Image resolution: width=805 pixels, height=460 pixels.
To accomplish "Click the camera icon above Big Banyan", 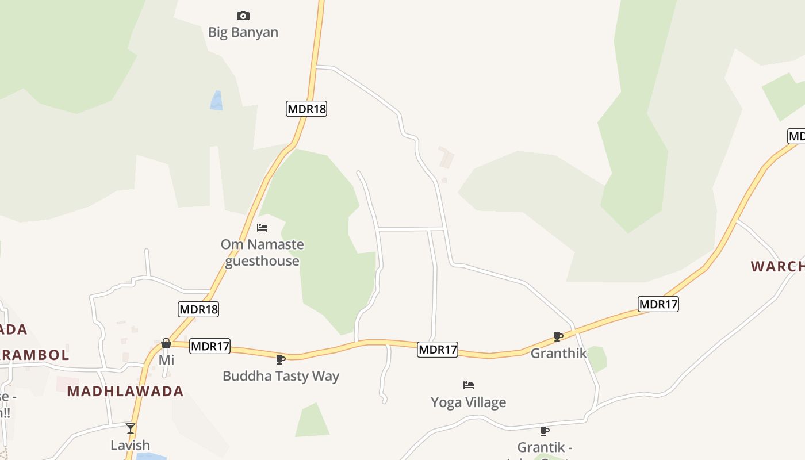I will pyautogui.click(x=243, y=16).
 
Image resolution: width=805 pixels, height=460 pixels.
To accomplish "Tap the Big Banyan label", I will pyautogui.click(x=243, y=32).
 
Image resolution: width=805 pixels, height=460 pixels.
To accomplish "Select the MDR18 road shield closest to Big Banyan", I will pyautogui.click(x=306, y=109).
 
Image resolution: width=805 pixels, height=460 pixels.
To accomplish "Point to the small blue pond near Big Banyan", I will pyautogui.click(x=217, y=101).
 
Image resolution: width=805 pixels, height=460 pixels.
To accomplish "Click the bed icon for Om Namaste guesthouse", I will pyautogui.click(x=262, y=228).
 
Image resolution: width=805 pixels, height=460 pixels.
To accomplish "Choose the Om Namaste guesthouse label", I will pyautogui.click(x=262, y=252).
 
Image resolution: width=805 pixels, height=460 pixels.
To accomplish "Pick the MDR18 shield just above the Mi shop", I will pyautogui.click(x=198, y=309).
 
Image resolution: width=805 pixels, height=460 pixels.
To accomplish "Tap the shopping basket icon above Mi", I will pyautogui.click(x=166, y=343).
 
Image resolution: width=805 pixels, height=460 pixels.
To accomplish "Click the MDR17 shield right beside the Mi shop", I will pyautogui.click(x=210, y=346).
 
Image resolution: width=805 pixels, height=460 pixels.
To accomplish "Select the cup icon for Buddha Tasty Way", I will pyautogui.click(x=281, y=360).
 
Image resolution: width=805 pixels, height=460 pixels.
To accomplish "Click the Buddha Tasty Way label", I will pyautogui.click(x=281, y=376).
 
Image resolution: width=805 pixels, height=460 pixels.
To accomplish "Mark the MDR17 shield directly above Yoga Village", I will pyautogui.click(x=438, y=349).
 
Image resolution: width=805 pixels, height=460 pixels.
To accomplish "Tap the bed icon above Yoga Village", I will pyautogui.click(x=469, y=385).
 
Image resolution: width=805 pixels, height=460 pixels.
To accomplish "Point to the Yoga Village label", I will pyautogui.click(x=469, y=402).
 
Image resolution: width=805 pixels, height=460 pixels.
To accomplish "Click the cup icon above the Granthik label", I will pyautogui.click(x=558, y=336).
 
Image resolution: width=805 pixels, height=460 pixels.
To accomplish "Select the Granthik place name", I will pyautogui.click(x=558, y=353).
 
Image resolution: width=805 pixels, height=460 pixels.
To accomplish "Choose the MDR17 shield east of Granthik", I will pyautogui.click(x=658, y=304).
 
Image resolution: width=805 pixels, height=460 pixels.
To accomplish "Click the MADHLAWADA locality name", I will pyautogui.click(x=125, y=392).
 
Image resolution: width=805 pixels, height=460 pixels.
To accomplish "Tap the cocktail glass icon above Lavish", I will pyautogui.click(x=131, y=428).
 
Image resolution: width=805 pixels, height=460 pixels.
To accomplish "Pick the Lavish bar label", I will pyautogui.click(x=131, y=445).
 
